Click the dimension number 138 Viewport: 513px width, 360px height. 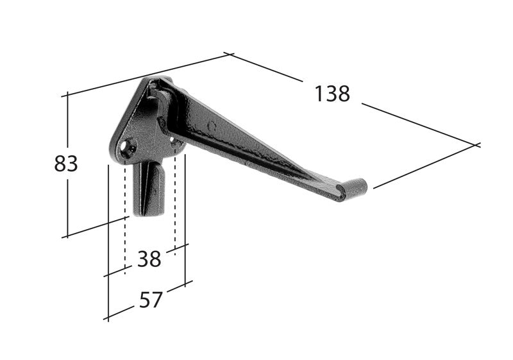coord(332,94)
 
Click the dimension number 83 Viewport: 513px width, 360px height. coord(66,164)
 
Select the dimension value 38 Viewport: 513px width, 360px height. coord(149,259)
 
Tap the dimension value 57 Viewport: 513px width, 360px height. coord(151,300)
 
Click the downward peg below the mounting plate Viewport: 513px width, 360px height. coord(147,189)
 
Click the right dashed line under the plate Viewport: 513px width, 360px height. coord(175,205)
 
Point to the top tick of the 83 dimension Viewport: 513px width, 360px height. coord(65,95)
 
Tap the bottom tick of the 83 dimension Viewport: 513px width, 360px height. coord(65,236)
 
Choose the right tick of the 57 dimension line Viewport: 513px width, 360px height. coord(185,283)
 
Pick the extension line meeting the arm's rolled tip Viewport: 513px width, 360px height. coord(423,167)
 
